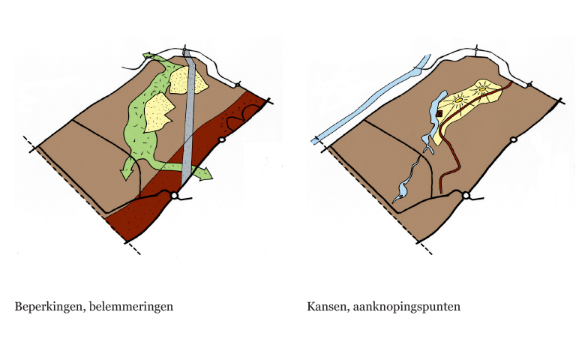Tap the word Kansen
[328, 307]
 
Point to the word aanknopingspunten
[406, 307]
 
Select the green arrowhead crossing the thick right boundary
[204, 173]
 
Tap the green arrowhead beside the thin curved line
[150, 56]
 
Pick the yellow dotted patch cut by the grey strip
[188, 80]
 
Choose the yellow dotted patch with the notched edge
[158, 112]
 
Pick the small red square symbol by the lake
[439, 113]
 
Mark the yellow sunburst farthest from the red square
[483, 89]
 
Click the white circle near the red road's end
[466, 196]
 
